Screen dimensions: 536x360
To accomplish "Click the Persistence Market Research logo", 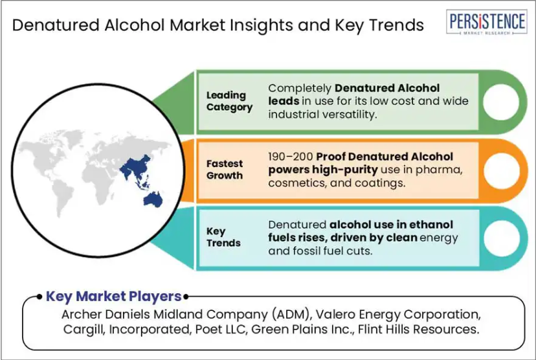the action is [x=486, y=22].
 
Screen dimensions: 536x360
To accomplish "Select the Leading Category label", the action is [x=229, y=101].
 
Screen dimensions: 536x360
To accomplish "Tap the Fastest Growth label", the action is [x=225, y=170].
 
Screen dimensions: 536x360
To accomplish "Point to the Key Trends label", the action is [x=223, y=237].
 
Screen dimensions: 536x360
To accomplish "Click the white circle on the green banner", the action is [x=501, y=102].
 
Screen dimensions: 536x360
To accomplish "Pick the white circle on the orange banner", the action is [x=502, y=170].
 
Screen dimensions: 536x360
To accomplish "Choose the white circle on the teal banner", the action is [x=502, y=238].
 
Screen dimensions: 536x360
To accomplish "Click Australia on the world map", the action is [x=153, y=199].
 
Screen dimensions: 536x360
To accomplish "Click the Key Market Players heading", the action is [x=113, y=297].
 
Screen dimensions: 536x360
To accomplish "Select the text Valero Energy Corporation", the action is [x=398, y=314].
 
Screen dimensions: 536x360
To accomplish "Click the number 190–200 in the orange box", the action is [x=290, y=157].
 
